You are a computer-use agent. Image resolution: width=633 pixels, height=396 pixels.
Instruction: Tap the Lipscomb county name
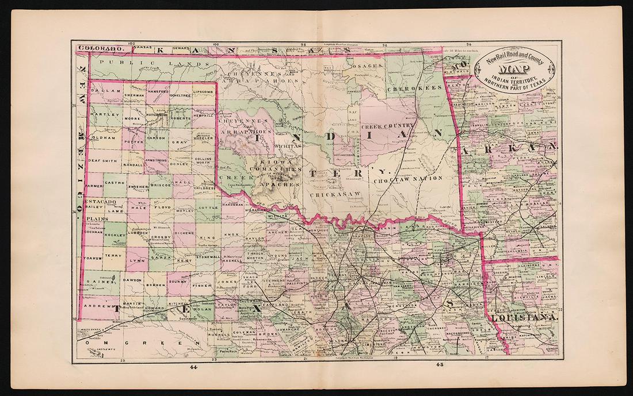click(203, 91)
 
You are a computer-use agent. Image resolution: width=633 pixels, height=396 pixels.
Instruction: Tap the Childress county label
click(205, 187)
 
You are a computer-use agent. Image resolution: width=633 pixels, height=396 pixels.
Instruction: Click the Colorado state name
click(98, 49)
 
